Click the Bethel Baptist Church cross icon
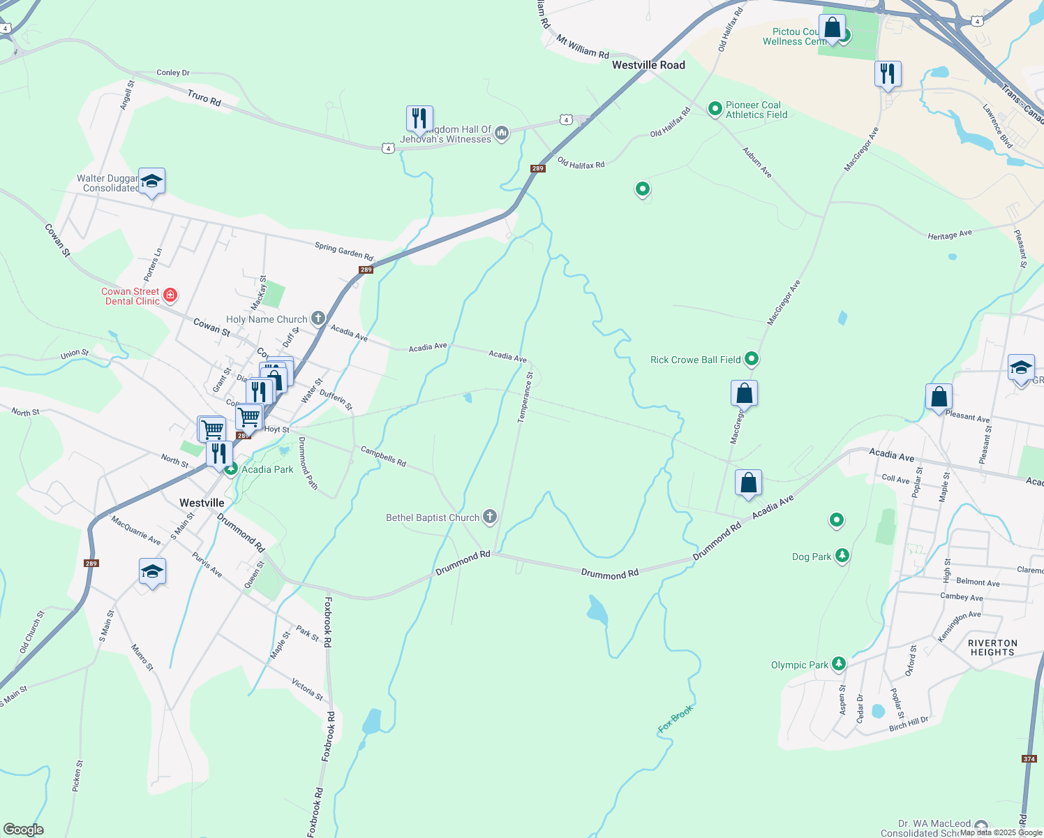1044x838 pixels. tap(490, 517)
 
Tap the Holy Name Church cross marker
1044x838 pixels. tap(318, 319)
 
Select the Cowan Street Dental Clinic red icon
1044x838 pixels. tap(170, 295)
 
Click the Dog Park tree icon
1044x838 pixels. tap(842, 556)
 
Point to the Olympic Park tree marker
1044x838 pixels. tap(839, 664)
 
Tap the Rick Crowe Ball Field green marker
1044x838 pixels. tap(752, 359)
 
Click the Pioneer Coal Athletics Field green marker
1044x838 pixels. tap(715, 108)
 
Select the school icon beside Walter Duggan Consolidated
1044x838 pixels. tap(151, 182)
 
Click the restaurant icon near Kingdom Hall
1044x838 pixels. tap(419, 119)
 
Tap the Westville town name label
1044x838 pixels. tap(202, 503)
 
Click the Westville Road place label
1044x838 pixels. tap(648, 65)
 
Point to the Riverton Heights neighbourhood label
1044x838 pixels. tap(992, 647)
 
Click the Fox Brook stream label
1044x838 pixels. tap(676, 719)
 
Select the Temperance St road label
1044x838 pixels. tap(525, 397)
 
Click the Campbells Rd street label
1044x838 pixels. tap(383, 456)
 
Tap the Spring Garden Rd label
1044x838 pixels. tap(343, 251)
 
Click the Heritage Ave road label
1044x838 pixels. tap(949, 235)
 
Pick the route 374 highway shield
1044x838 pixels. tap(1029, 758)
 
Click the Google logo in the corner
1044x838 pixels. tap(23, 830)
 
